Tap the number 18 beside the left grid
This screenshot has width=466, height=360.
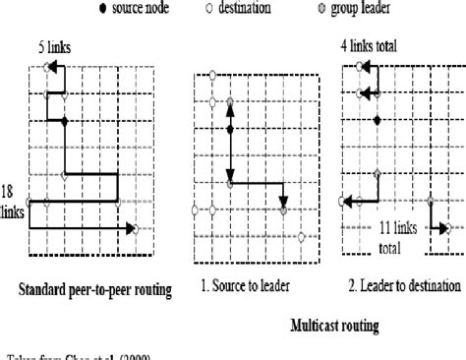click(x=8, y=189)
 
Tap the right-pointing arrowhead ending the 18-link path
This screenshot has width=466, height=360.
click(x=130, y=229)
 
